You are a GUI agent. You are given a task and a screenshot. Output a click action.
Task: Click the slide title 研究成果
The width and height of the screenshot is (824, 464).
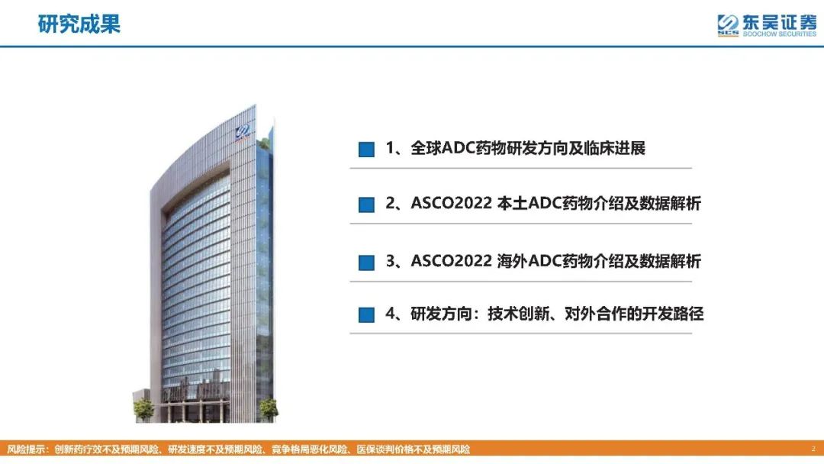(x=79, y=24)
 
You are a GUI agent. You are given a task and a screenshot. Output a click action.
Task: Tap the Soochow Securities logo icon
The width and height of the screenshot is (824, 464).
(x=728, y=24)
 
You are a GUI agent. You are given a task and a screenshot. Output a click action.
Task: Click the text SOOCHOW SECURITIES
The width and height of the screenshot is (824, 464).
(x=779, y=34)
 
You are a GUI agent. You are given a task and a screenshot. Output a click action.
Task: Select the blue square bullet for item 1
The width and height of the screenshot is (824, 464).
(x=366, y=150)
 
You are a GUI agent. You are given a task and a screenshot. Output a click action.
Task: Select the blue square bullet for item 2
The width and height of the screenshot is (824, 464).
(x=366, y=205)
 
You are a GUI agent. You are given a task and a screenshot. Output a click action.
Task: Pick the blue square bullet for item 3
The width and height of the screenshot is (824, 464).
(x=366, y=263)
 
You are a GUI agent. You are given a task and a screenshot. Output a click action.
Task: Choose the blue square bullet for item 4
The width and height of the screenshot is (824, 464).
(x=366, y=314)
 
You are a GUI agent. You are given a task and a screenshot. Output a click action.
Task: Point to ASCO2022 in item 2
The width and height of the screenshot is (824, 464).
(x=451, y=203)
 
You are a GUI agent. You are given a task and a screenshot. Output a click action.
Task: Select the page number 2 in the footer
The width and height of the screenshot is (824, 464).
(x=813, y=449)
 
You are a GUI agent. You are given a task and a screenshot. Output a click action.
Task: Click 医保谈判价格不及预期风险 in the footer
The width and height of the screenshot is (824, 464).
(x=413, y=449)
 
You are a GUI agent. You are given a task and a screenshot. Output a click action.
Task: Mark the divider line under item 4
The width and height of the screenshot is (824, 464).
(x=521, y=333)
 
